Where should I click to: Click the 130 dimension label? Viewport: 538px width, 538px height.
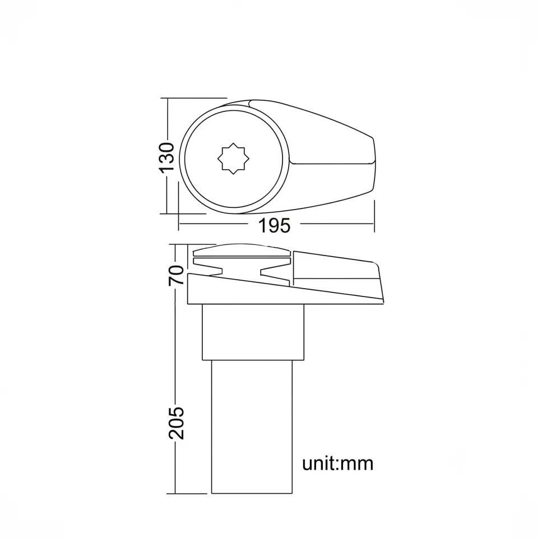167,157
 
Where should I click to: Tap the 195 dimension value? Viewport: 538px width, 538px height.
274,226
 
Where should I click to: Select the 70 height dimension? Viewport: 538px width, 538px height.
177,275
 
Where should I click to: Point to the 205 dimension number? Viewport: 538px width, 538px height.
177,423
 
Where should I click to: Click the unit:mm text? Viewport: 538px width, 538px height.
337,463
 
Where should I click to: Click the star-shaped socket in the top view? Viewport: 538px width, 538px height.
233,159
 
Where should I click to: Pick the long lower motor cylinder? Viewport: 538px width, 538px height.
252,427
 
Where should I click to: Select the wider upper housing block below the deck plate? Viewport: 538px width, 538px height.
253,332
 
